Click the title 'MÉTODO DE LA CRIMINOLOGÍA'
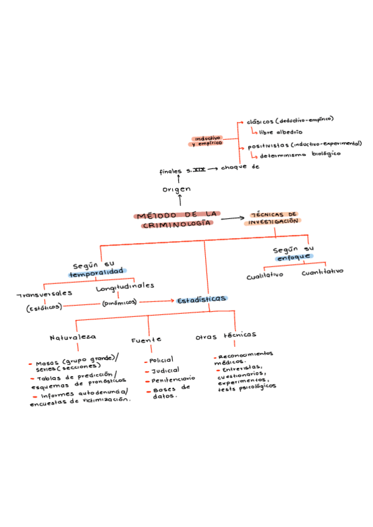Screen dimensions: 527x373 point(175,219)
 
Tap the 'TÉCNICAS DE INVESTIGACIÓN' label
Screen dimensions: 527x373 point(274,217)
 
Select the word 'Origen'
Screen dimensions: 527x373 point(177,189)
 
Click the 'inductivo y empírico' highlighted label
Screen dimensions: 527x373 point(208,141)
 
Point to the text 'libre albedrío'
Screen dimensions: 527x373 point(281,132)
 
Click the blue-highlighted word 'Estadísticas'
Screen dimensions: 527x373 point(201,300)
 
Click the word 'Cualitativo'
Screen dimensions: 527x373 point(264,275)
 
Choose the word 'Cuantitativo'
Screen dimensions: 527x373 point(322,272)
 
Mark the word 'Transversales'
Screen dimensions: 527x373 point(45,293)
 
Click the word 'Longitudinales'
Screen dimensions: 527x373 point(125,286)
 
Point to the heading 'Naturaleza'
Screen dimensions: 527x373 point(73,337)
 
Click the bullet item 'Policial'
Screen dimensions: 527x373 point(161,360)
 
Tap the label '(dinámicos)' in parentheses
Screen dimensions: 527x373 point(119,303)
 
